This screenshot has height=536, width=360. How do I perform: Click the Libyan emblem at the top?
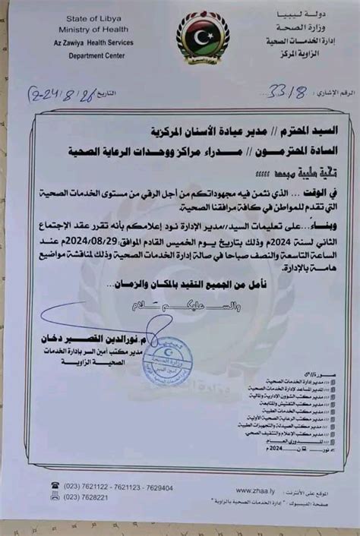click(x=203, y=36)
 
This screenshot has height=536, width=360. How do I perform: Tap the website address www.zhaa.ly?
click(x=256, y=490)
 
